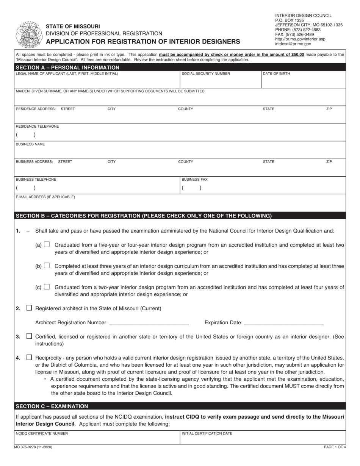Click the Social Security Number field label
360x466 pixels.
tap(206, 74)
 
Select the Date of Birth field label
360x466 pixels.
tap(276, 74)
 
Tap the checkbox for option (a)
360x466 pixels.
tap(47, 245)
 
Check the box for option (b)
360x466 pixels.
tap(47, 266)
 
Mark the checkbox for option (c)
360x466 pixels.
tap(47, 287)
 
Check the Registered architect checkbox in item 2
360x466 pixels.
tap(29, 308)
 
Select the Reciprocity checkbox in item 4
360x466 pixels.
tap(29, 357)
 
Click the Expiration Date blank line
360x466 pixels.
tap(284, 323)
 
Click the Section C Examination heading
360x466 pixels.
tap(52, 406)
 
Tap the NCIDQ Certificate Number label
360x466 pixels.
tap(42, 433)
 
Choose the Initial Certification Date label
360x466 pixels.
tap(207, 433)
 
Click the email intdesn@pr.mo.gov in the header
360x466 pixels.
tap(293, 44)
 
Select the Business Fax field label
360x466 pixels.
tap(194, 180)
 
